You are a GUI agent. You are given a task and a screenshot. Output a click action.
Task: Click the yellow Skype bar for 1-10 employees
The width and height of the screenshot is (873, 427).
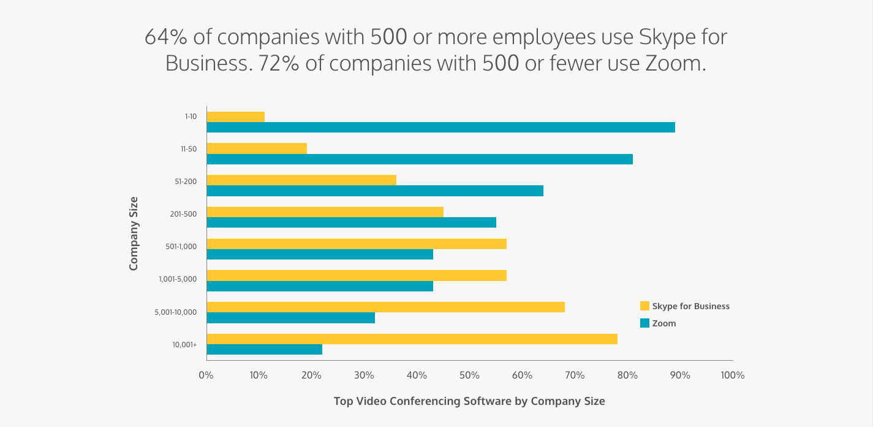tap(235, 117)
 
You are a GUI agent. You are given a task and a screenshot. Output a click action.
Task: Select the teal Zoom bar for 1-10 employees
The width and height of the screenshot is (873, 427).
tap(440, 128)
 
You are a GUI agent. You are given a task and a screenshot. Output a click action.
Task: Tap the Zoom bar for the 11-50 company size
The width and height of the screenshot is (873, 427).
tap(420, 160)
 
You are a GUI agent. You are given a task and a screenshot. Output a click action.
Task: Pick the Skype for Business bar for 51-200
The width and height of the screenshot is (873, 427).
tap(301, 180)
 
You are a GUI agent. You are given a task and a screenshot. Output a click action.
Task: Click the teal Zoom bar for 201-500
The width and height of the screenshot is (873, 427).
tap(351, 222)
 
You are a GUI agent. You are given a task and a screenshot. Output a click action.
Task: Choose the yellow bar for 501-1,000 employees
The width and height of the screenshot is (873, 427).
tap(357, 244)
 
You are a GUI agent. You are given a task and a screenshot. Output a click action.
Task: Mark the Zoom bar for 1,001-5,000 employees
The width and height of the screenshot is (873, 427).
tap(320, 286)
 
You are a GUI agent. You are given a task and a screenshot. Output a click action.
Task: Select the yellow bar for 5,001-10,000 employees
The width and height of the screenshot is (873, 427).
tap(385, 307)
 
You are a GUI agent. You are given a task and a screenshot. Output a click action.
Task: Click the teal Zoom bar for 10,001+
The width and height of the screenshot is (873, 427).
tap(264, 349)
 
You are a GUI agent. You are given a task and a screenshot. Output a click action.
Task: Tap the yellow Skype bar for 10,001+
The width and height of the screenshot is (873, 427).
tap(412, 339)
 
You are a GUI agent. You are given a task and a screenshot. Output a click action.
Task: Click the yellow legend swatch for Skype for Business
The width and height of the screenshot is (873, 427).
tap(644, 306)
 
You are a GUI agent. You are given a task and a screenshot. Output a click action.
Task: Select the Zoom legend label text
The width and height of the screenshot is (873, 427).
tap(664, 323)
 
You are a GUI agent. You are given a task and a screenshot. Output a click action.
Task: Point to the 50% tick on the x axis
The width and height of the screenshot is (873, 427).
tap(469, 375)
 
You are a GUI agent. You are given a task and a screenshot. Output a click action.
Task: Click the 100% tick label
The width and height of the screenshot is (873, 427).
tap(732, 375)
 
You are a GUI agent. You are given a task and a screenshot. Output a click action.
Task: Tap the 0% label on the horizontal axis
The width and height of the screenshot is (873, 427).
tap(206, 375)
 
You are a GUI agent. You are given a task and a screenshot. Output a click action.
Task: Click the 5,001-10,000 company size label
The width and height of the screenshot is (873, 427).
tap(176, 312)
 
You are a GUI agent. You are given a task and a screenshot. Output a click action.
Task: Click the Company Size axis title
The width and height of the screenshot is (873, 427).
tap(134, 233)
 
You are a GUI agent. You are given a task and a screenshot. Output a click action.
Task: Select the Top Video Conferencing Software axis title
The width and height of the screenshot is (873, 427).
tap(469, 401)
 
